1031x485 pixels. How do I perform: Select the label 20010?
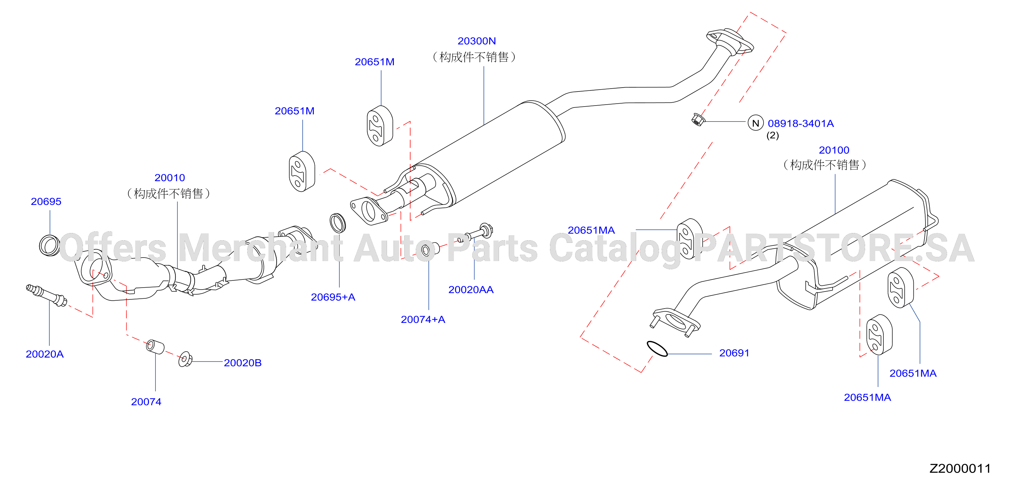click(x=170, y=177)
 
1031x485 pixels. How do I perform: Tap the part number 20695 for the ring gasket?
click(x=46, y=201)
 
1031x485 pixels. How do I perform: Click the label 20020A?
click(x=45, y=354)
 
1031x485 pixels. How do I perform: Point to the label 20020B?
click(x=243, y=363)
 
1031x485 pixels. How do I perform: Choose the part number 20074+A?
click(x=423, y=320)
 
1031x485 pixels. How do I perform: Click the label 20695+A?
click(x=333, y=297)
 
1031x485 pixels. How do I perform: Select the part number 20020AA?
click(x=471, y=290)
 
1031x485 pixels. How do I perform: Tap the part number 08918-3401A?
click(x=800, y=123)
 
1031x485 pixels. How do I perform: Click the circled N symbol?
click(x=756, y=123)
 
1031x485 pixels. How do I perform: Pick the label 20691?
click(x=734, y=353)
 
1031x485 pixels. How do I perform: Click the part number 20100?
click(x=834, y=150)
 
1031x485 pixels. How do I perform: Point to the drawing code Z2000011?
click(x=960, y=468)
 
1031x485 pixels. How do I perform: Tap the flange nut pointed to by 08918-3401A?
click(x=698, y=119)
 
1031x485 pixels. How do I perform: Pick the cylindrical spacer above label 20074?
click(x=155, y=346)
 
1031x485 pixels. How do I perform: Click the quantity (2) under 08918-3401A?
click(x=772, y=135)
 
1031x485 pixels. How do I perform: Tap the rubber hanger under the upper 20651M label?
click(x=380, y=126)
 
